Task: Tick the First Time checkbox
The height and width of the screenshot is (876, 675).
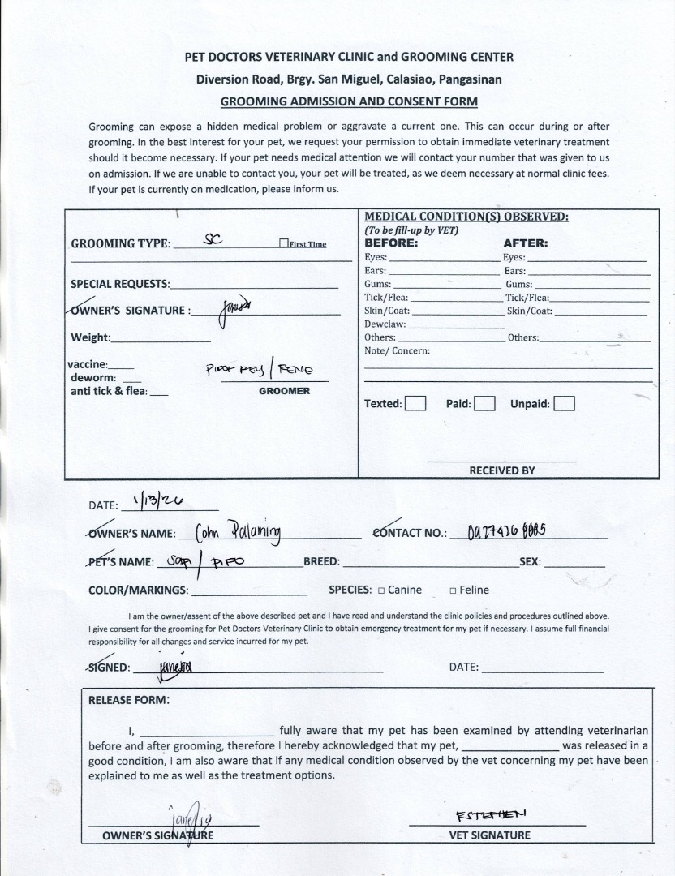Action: click(x=283, y=243)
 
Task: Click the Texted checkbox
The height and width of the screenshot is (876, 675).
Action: click(x=415, y=403)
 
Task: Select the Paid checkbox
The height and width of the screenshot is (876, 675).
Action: click(x=484, y=403)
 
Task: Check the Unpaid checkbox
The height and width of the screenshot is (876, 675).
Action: click(x=565, y=403)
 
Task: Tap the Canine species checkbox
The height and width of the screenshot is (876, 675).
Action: click(x=380, y=590)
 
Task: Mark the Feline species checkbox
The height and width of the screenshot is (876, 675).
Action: click(x=453, y=590)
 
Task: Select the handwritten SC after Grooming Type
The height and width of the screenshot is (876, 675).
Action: click(x=213, y=239)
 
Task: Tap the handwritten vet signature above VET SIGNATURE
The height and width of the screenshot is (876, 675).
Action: click(x=492, y=814)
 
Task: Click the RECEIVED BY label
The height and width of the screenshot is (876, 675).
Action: click(x=501, y=470)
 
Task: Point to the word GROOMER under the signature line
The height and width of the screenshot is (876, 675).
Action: click(x=284, y=391)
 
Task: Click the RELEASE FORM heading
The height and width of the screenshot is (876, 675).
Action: click(x=129, y=699)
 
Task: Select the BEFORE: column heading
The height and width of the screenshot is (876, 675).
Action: click(x=391, y=243)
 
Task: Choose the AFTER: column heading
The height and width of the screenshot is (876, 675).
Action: click(x=526, y=243)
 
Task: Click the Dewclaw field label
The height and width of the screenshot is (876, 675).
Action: click(x=385, y=324)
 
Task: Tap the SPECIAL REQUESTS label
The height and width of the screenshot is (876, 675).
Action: click(x=120, y=284)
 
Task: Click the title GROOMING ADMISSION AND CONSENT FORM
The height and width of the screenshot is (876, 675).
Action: click(x=349, y=101)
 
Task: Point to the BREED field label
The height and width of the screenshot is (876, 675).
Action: click(x=321, y=561)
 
